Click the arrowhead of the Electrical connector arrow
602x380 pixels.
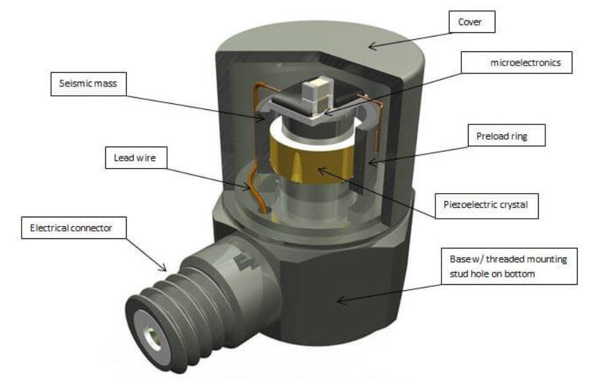(163, 269)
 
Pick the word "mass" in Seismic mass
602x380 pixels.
(105, 84)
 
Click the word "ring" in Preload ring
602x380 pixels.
(520, 136)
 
